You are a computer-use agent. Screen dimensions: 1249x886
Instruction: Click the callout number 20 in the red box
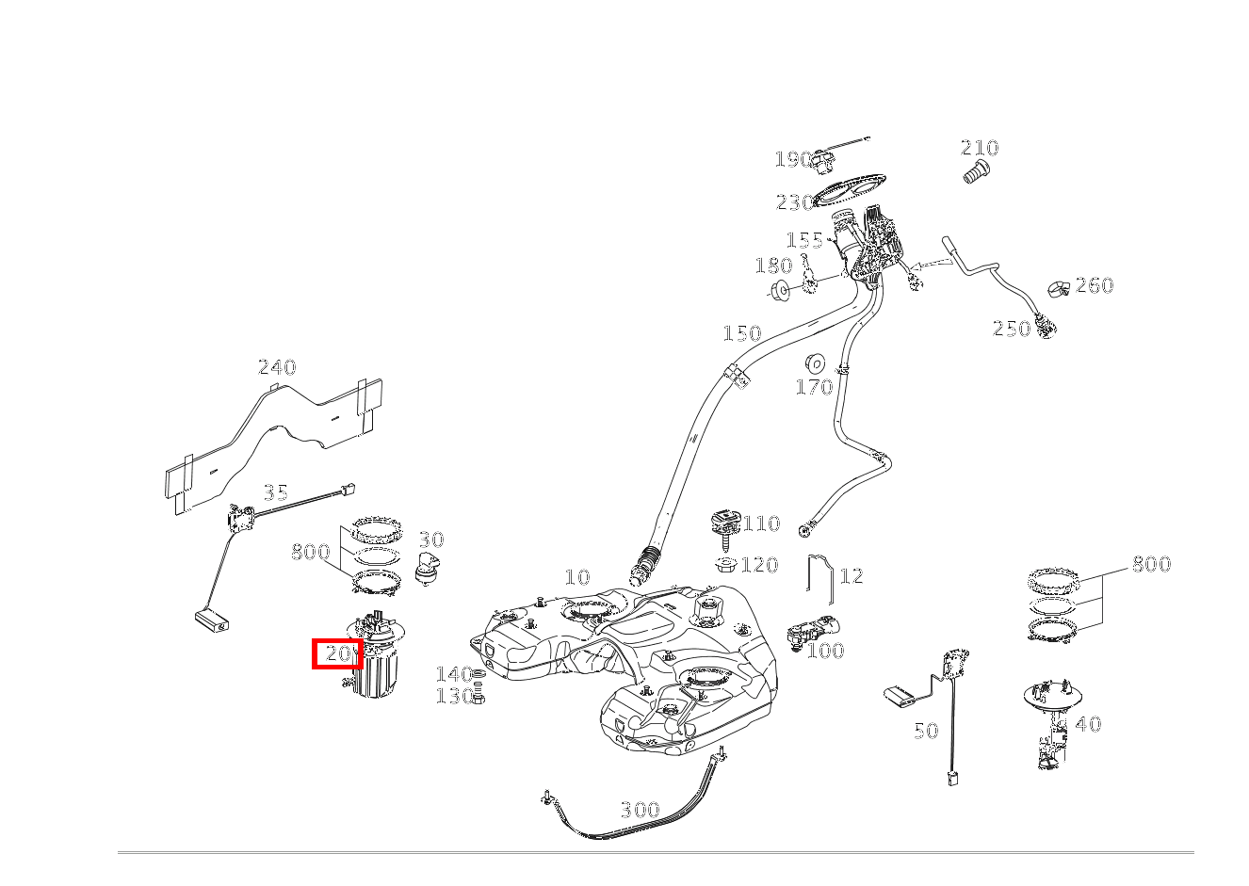[338, 653]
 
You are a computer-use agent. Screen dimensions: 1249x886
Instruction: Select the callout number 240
[277, 367]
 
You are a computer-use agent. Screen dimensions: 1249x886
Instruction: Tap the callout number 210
[980, 148]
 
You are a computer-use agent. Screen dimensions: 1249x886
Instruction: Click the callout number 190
[793, 160]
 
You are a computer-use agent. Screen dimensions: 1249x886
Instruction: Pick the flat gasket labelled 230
[850, 190]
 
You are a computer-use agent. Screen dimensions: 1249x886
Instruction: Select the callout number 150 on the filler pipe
[742, 333]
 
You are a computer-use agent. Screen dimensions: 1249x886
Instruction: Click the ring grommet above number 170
[815, 363]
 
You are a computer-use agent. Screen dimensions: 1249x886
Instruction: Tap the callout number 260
[1095, 285]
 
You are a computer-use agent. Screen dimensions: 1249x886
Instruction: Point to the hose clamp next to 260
[1059, 289]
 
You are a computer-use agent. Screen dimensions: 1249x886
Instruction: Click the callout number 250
[1012, 329]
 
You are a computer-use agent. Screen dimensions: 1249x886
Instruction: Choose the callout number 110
[762, 524]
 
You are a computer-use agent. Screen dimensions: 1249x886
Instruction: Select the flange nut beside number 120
[726, 564]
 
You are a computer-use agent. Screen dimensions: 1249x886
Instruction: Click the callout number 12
[852, 575]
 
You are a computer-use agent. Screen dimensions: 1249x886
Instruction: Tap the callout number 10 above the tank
[577, 577]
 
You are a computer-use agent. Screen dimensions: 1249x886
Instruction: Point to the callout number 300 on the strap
[641, 809]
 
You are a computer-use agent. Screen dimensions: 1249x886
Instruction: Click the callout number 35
[275, 492]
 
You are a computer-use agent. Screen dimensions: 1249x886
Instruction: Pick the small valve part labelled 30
[427, 570]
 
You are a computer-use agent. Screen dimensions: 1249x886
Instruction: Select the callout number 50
[926, 730]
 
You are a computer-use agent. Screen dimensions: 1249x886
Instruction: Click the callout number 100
[826, 651]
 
